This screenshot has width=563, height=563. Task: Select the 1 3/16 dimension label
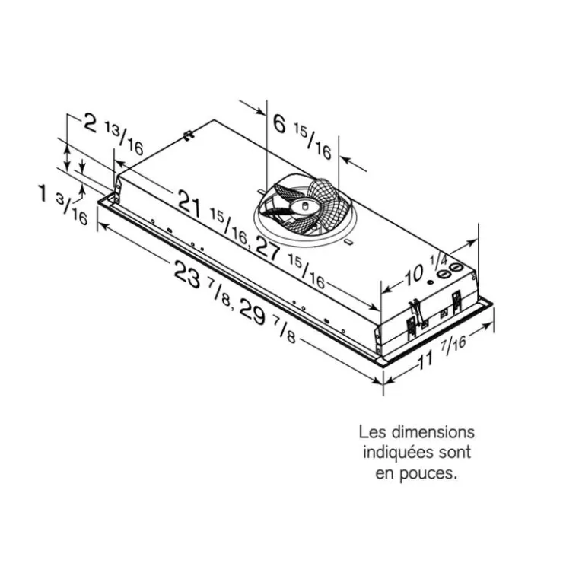tap(63, 204)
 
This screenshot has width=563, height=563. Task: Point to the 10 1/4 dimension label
tap(426, 269)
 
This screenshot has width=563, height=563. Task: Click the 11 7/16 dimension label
tap(441, 354)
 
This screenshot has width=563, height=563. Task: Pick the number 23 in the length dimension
tap(187, 274)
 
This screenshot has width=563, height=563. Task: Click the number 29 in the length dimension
tap(253, 312)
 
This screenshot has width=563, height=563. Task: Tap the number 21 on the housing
tap(190, 204)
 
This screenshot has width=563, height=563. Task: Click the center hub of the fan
tap(304, 206)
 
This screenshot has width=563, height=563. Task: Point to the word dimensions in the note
tap(433, 432)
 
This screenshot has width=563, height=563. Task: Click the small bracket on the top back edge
tap(189, 135)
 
